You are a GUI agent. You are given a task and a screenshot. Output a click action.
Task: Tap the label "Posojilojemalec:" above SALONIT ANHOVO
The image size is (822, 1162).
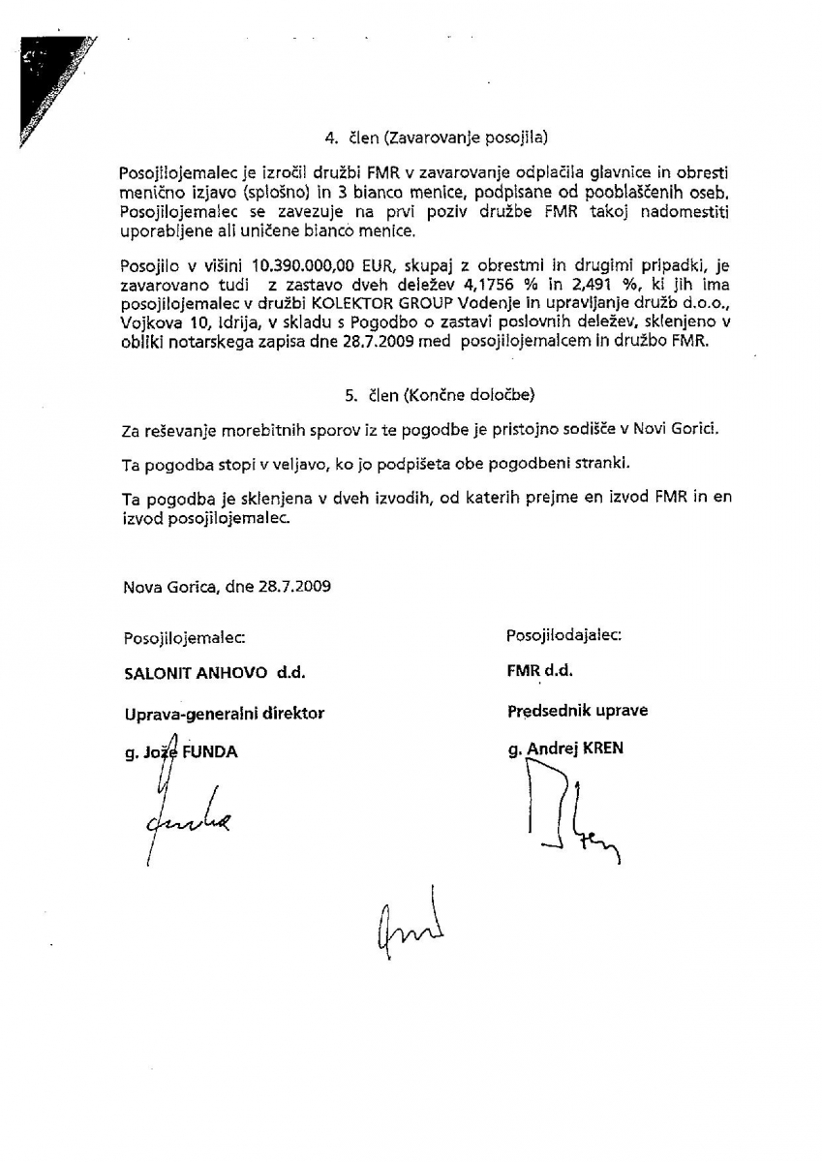184,637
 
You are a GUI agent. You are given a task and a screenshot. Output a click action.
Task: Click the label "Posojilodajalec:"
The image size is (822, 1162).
563,635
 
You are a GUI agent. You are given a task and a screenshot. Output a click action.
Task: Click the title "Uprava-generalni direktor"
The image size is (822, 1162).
224,714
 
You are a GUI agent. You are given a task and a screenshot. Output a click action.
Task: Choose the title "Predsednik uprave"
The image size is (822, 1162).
577,711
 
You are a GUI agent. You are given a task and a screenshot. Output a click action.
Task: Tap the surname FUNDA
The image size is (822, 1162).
210,751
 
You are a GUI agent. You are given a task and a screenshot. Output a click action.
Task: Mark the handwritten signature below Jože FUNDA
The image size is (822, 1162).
184,818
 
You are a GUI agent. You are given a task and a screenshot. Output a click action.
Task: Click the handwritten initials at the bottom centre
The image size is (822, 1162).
407,923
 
